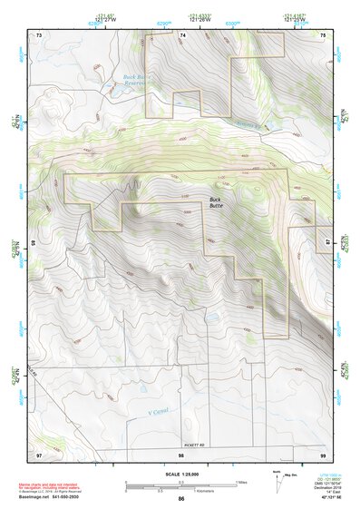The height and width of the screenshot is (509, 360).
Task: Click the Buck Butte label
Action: tap(215, 203)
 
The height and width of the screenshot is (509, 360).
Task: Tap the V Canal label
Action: tap(159, 411)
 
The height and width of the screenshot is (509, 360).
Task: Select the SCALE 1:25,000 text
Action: tap(180, 474)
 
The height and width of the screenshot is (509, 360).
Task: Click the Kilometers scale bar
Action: tap(180, 490)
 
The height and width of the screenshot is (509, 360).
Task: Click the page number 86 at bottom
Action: tap(180, 500)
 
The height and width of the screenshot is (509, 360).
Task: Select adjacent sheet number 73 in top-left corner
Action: tap(39, 34)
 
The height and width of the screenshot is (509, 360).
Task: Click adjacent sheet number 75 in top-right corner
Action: tap(322, 34)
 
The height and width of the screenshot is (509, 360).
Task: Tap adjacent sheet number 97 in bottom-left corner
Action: tap(39, 452)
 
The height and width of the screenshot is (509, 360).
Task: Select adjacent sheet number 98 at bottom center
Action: tap(180, 452)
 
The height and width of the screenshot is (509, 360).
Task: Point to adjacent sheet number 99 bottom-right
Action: tap(322, 452)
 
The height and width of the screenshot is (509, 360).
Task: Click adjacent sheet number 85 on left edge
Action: tap(34, 243)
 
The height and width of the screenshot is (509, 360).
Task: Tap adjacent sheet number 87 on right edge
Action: tap(326, 243)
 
